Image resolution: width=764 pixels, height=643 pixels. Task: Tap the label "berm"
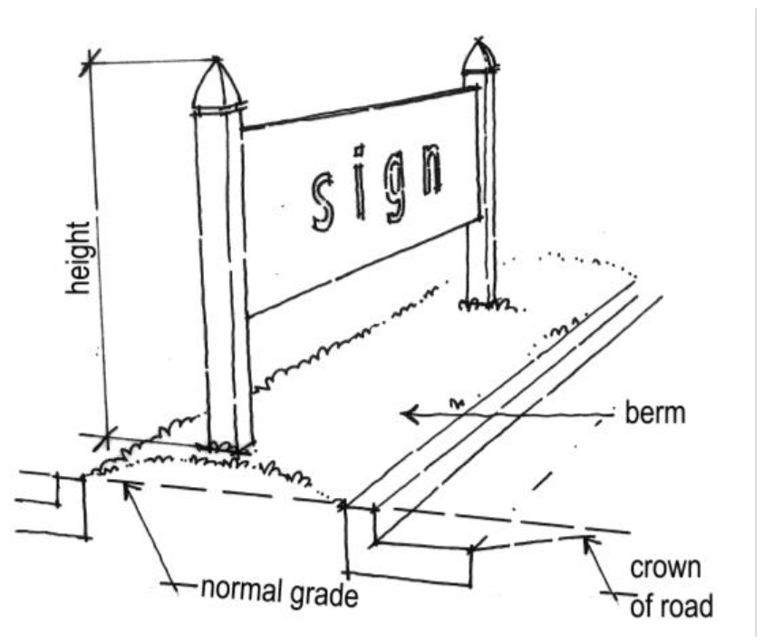[653, 415]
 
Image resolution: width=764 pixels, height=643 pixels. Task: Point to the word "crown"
[664, 570]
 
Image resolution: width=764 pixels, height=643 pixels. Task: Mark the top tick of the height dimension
[89, 63]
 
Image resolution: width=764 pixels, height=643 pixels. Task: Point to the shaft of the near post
[221, 272]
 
